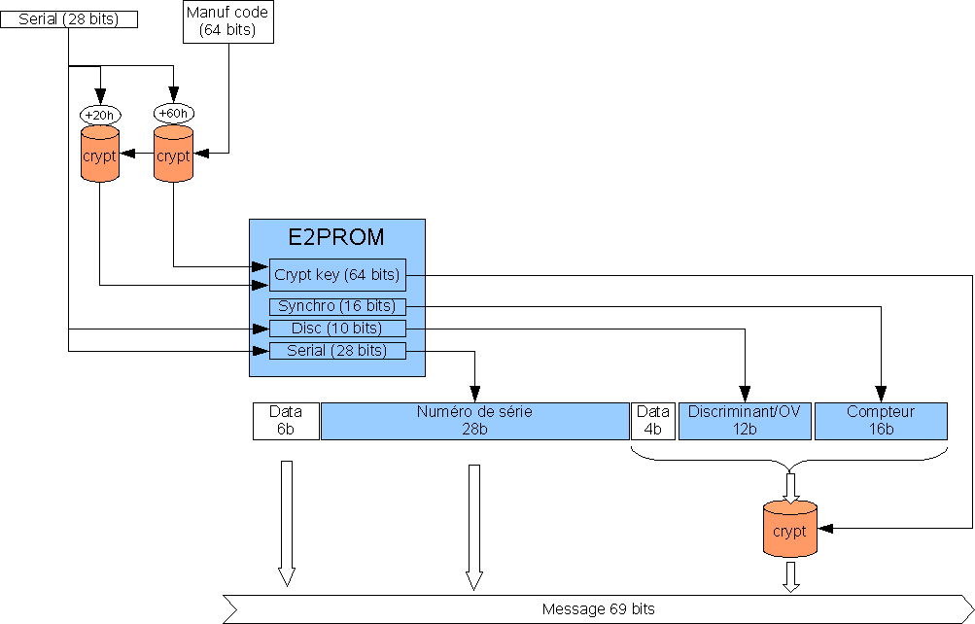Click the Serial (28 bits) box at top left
click(68, 18)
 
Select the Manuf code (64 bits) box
click(227, 21)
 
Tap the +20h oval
click(99, 114)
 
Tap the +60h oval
click(173, 114)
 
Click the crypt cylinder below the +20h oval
click(99, 155)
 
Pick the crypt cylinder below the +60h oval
click(173, 155)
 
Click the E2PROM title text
click(336, 236)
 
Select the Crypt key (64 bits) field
click(336, 275)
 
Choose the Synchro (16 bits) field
click(336, 307)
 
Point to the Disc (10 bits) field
click(336, 329)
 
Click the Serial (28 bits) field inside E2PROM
click(336, 351)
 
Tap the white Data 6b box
click(286, 421)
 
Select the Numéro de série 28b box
click(474, 421)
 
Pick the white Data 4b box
click(652, 421)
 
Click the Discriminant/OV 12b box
click(745, 421)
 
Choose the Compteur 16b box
click(881, 421)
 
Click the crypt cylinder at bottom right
click(790, 531)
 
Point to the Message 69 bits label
click(598, 609)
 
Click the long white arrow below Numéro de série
click(474, 526)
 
